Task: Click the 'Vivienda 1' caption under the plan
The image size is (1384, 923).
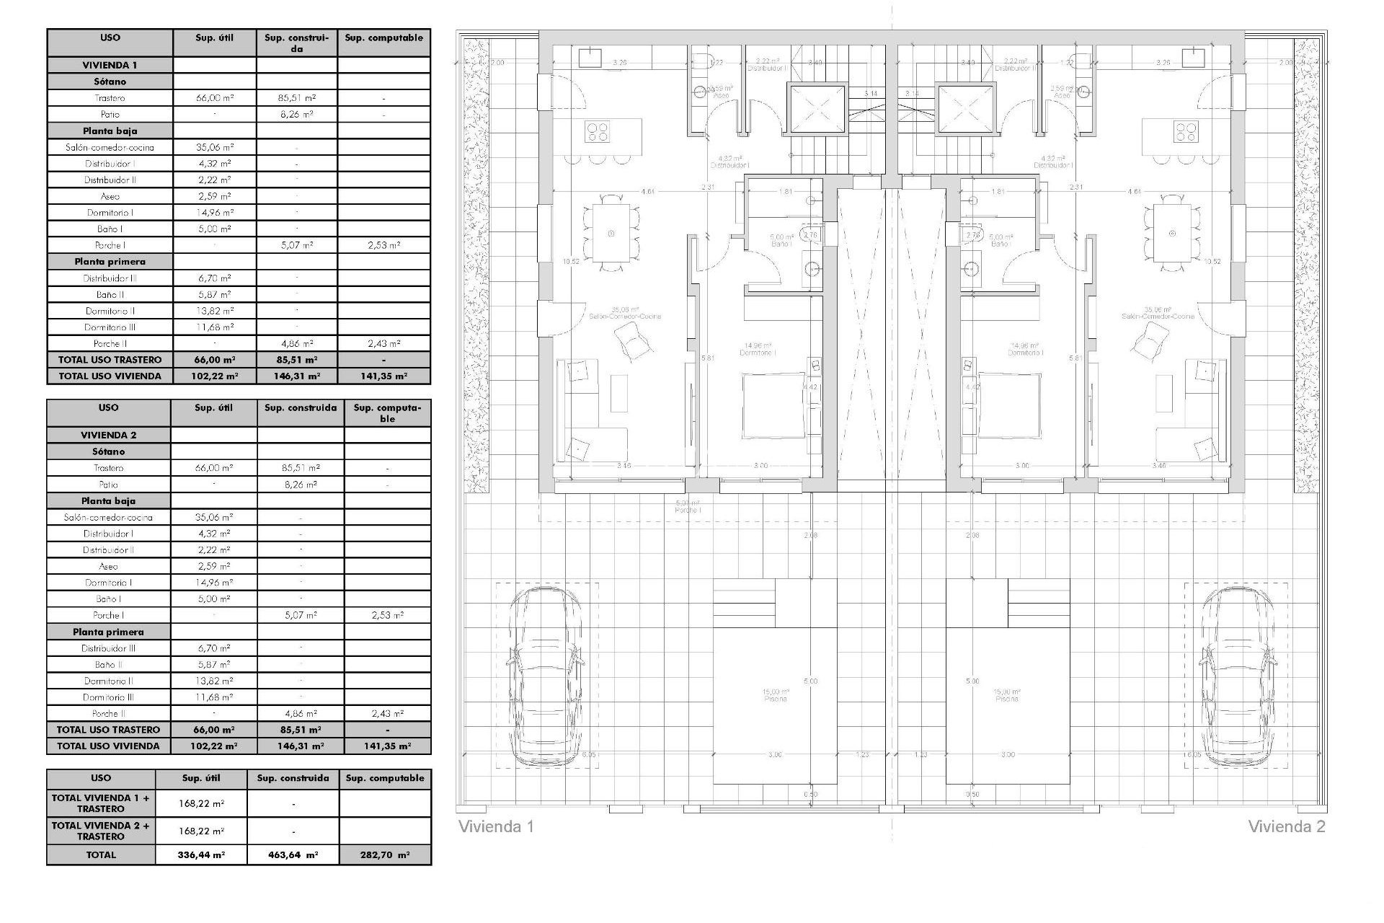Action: pyautogui.click(x=496, y=826)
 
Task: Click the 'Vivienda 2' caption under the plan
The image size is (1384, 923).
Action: pyautogui.click(x=1286, y=826)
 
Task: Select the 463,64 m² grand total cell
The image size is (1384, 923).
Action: pyautogui.click(x=293, y=854)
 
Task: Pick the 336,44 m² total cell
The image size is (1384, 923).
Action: pyautogui.click(x=201, y=854)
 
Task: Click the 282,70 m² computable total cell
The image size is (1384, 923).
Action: pyautogui.click(x=385, y=854)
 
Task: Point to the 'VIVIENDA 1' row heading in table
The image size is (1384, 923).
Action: pyautogui.click(x=110, y=65)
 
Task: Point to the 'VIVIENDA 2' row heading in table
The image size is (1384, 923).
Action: pyautogui.click(x=108, y=435)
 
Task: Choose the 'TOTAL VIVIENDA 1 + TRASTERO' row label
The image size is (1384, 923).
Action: pyautogui.click(x=101, y=803)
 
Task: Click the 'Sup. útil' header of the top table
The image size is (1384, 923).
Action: pyautogui.click(x=215, y=38)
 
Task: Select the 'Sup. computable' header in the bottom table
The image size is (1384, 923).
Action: pyautogui.click(x=385, y=778)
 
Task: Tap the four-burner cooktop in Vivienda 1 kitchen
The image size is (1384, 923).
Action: pyautogui.click(x=598, y=132)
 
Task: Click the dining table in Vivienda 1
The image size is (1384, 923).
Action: pyautogui.click(x=611, y=233)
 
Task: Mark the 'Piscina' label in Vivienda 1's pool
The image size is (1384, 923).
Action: pyautogui.click(x=776, y=699)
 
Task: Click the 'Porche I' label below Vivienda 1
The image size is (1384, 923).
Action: pyautogui.click(x=688, y=510)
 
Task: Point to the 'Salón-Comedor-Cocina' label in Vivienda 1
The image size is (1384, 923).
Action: pyautogui.click(x=625, y=316)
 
